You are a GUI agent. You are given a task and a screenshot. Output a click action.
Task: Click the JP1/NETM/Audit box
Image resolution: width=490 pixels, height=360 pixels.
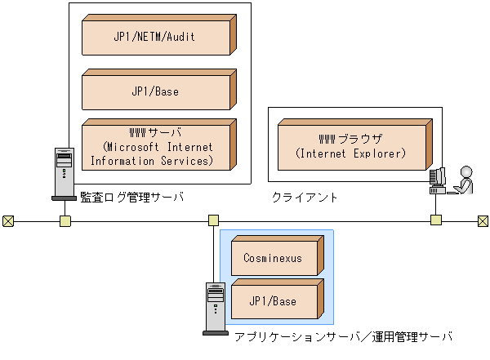pos(155,37)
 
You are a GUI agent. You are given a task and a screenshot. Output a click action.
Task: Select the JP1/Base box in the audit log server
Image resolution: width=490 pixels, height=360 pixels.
pos(155,91)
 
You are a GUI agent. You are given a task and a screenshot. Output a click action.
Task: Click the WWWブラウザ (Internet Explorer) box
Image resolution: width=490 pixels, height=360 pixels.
pos(350,145)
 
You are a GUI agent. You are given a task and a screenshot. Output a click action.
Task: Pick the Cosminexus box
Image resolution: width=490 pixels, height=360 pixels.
pos(273,258)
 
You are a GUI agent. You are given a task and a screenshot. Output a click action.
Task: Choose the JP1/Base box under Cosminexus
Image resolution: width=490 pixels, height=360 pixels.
pos(273,301)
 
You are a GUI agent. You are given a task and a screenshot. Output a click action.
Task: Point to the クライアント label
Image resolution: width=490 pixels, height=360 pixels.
pos(305,198)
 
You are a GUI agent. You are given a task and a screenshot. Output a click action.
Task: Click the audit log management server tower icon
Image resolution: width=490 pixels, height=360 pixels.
pos(64,172)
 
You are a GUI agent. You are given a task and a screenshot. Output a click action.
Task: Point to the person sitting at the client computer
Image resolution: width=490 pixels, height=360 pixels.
pos(464,180)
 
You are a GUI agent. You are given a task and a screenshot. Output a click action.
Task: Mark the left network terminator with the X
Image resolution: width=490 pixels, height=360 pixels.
pos(7,220)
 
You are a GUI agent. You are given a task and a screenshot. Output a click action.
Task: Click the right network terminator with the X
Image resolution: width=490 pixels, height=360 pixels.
pos(483,220)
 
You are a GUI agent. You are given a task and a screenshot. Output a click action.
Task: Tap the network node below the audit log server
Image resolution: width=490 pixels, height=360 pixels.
pos(65,220)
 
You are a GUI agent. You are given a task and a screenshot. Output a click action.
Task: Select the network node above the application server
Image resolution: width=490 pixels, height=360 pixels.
pos(213,220)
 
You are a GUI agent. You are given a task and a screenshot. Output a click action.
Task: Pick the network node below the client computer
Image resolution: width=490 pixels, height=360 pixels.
pos(436,220)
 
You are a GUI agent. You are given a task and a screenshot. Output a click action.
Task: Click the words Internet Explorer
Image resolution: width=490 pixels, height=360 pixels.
pos(350,153)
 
